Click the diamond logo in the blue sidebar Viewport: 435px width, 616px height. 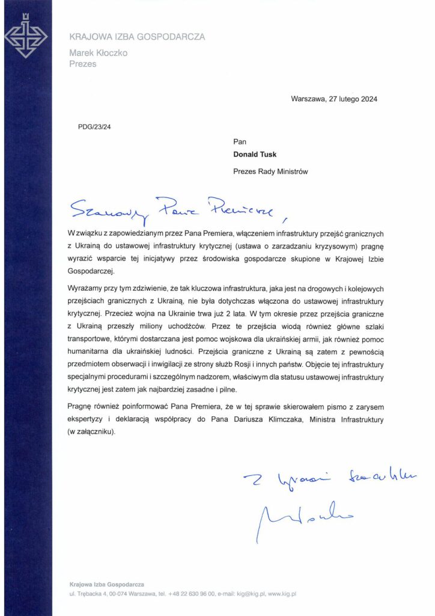(x=26, y=37)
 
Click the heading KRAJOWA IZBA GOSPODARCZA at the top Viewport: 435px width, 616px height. (x=137, y=37)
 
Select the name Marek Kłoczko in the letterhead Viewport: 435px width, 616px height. (x=99, y=53)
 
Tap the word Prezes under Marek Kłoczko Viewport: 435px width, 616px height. (x=83, y=64)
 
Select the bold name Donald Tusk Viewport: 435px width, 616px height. (x=255, y=155)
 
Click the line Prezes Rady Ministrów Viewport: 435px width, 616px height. (x=270, y=171)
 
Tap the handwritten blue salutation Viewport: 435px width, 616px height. (x=171, y=208)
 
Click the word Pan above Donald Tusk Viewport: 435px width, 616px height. (x=239, y=141)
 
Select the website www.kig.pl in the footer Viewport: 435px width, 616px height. (x=282, y=594)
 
